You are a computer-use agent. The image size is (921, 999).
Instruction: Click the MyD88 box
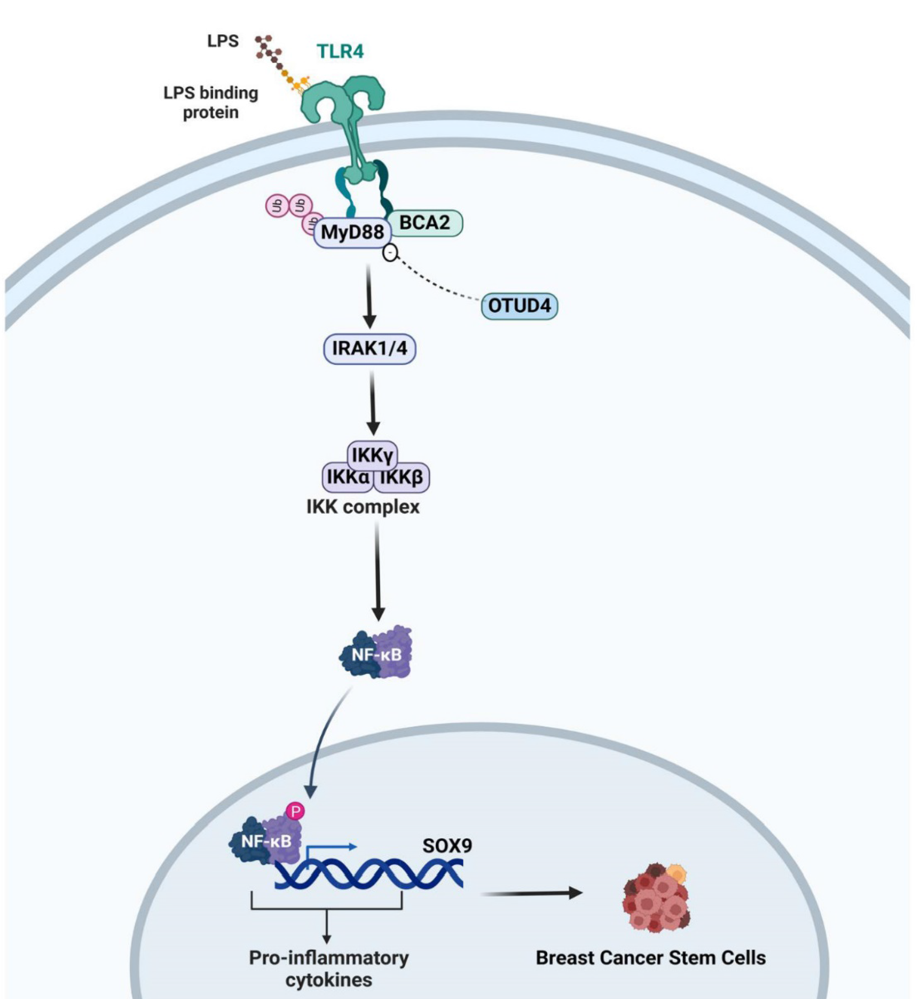click(353, 232)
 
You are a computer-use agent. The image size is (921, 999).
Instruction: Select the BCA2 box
click(425, 222)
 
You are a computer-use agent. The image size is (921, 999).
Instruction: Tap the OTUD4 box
click(519, 305)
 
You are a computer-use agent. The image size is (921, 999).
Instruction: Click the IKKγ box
click(372, 454)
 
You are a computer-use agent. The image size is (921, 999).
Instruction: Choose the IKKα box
click(347, 477)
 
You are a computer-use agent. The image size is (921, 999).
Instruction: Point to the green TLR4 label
click(340, 51)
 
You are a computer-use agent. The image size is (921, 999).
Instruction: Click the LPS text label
click(223, 41)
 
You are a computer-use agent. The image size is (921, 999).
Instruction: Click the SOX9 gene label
click(447, 846)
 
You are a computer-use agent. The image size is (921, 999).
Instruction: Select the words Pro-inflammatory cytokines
click(329, 969)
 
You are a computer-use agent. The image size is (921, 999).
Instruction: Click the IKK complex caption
click(363, 507)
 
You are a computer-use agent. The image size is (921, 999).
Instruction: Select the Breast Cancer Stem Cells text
click(650, 958)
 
